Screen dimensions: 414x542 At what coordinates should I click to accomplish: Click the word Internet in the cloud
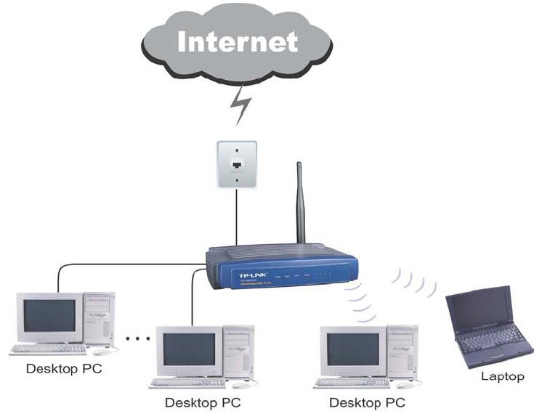coord(238,41)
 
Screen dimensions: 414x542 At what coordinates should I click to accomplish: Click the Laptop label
coord(502,377)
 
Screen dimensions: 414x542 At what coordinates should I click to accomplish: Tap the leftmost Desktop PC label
coord(64,368)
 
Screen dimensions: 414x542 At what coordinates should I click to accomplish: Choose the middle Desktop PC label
coord(203,402)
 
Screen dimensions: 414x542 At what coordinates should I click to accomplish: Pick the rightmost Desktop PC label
coord(367,402)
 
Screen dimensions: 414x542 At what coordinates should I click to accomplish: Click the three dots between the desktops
coord(137,338)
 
